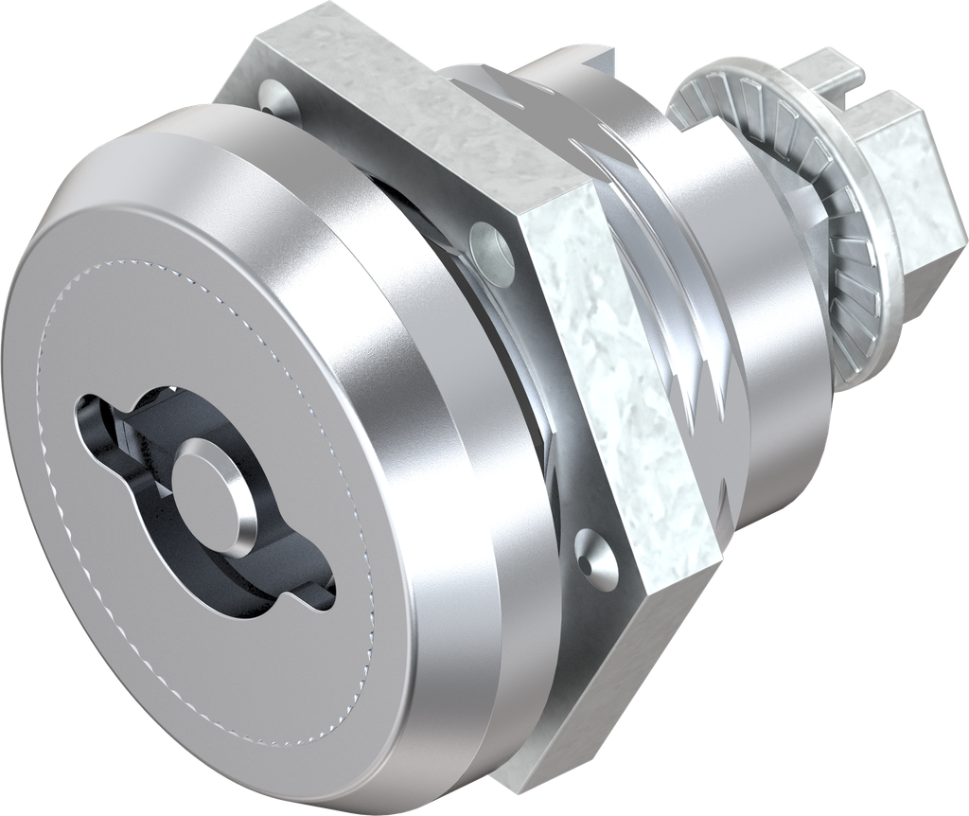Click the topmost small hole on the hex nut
tap(273, 95)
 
